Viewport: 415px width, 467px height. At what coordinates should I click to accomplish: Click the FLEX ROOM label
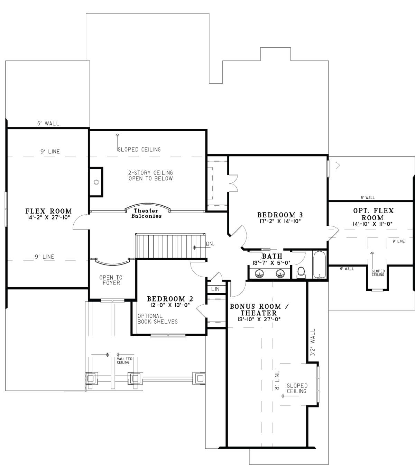[48, 211]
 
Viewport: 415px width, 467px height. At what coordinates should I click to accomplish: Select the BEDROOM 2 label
[170, 299]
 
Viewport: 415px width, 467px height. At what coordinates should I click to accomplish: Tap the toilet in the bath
[301, 272]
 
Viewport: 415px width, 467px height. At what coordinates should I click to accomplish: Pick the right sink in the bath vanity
[280, 273]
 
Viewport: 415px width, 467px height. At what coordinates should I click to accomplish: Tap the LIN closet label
[215, 289]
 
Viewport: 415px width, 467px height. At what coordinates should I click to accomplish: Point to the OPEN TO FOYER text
[111, 280]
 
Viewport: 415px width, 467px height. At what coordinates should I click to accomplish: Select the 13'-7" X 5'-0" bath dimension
[272, 262]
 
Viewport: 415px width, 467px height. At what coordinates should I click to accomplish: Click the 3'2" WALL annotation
[313, 342]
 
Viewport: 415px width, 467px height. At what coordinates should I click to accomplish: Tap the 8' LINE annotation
[277, 381]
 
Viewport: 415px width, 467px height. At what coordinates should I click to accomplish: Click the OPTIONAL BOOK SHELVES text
[157, 319]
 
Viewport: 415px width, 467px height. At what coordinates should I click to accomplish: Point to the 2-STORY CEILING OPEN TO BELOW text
[150, 176]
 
